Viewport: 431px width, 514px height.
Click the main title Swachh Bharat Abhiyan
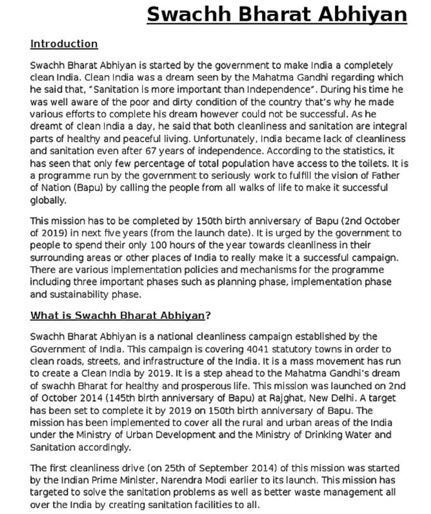click(277, 14)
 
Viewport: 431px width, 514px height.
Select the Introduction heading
click(64, 44)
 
